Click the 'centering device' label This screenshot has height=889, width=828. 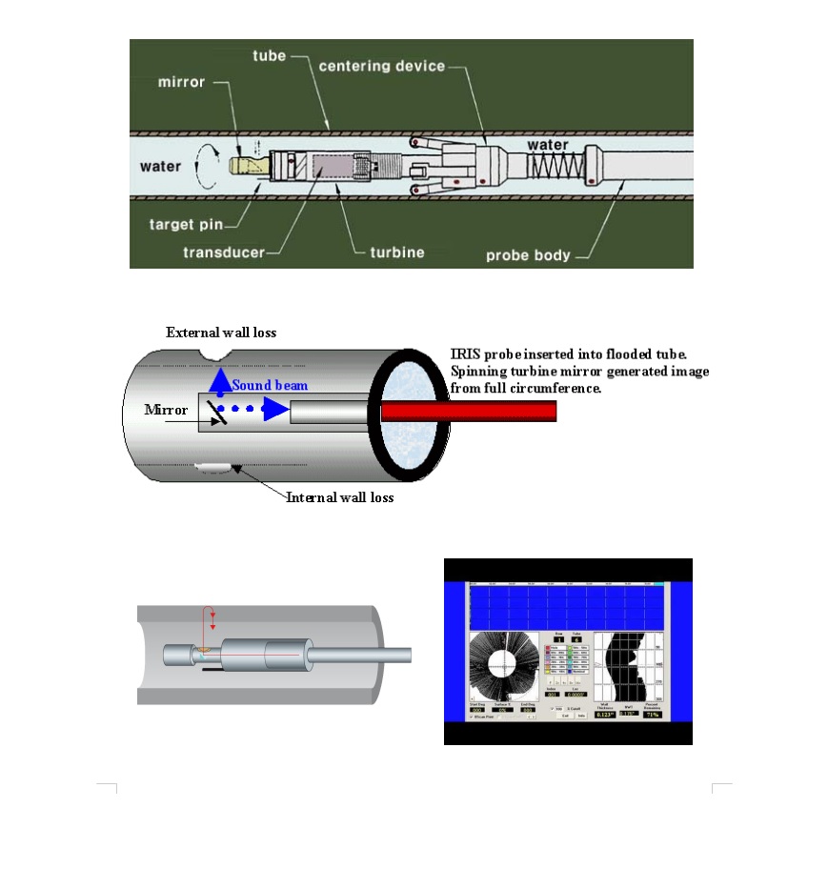point(381,66)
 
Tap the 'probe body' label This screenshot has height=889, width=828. point(528,255)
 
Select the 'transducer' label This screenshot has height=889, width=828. point(224,253)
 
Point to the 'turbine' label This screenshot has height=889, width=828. point(396,253)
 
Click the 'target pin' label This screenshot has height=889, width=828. point(186,225)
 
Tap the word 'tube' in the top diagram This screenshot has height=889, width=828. point(269,56)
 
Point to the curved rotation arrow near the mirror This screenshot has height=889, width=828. point(203,166)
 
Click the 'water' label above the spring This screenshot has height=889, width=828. point(548,145)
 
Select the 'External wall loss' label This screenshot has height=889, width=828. point(221,333)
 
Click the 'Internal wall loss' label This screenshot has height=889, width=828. point(339,497)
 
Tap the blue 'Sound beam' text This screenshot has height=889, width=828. point(270,386)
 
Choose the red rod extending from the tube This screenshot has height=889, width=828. point(468,412)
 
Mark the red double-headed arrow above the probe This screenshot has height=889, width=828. point(212,618)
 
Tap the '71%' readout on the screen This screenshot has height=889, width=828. point(652,714)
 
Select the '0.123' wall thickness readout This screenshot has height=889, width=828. point(603,714)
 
